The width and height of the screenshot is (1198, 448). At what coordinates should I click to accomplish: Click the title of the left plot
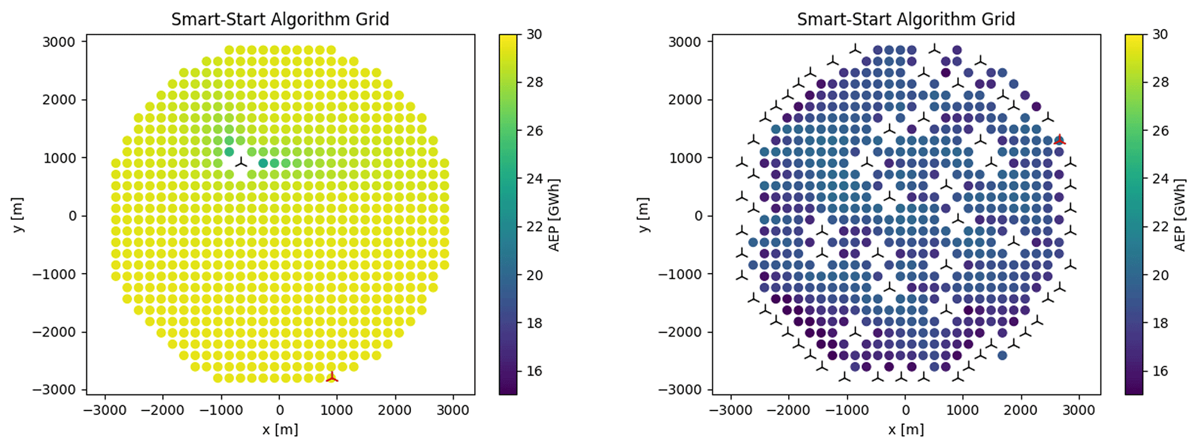point(280,19)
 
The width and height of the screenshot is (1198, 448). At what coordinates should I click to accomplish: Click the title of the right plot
point(906,19)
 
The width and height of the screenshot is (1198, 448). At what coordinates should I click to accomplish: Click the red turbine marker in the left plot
point(332,377)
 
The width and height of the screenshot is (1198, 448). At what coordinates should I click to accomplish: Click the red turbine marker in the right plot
point(1059,140)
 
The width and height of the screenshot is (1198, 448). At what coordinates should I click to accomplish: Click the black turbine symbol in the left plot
point(241,163)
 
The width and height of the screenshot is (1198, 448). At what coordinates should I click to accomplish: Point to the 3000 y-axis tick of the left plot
point(59,42)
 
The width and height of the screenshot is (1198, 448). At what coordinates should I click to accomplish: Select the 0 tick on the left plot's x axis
point(279,410)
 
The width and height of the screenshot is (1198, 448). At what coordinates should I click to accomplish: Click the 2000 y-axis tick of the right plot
point(685,100)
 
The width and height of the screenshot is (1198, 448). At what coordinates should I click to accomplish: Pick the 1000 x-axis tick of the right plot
point(963,410)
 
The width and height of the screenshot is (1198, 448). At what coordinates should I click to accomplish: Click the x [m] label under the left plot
point(280,429)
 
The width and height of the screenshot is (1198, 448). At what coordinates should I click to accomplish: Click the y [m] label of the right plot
point(644,215)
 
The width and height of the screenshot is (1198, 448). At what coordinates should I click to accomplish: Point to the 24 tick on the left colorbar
point(534,179)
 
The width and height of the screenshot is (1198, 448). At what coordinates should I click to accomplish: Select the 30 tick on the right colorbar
point(1160,34)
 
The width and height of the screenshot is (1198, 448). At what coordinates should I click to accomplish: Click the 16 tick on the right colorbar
point(1160,371)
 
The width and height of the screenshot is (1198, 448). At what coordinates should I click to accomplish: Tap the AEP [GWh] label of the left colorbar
point(554,215)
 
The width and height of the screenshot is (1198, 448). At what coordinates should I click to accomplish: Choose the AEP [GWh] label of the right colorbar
point(1180,215)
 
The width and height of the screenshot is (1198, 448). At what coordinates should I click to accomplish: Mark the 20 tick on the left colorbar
point(534,275)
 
